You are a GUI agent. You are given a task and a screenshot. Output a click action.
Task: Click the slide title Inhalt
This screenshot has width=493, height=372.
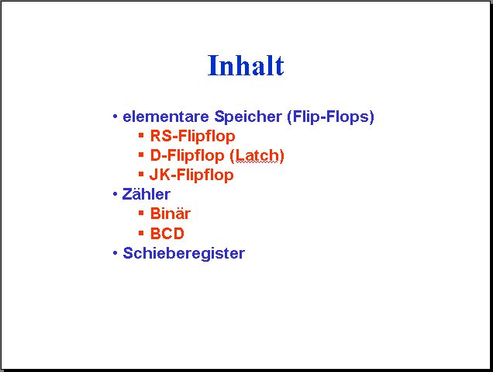click(x=246, y=65)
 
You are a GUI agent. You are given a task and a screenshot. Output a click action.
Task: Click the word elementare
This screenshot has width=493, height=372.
click(x=166, y=116)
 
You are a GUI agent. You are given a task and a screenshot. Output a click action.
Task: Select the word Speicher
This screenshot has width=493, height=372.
click(x=248, y=116)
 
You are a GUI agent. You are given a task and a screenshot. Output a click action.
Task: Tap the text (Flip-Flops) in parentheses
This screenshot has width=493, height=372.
click(x=330, y=116)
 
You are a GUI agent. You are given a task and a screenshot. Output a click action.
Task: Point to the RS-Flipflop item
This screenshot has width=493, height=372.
click(x=192, y=137)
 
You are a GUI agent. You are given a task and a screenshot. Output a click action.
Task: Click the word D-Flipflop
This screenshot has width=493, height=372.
click(x=188, y=155)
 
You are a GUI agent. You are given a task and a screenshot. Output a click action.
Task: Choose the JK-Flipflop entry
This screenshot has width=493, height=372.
click(x=191, y=176)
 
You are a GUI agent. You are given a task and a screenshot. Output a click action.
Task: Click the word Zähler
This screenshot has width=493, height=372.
click(x=147, y=194)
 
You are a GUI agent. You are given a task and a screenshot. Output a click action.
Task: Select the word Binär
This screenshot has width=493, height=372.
click(x=170, y=214)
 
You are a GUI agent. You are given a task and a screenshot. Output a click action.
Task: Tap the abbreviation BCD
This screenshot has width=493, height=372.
click(x=167, y=234)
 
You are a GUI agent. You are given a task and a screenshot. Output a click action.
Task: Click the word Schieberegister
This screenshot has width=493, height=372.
click(x=184, y=253)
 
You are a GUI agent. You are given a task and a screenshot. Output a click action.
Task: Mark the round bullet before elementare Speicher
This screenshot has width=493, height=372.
click(x=115, y=116)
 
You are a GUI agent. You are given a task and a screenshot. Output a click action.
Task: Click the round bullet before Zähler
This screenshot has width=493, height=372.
click(x=115, y=194)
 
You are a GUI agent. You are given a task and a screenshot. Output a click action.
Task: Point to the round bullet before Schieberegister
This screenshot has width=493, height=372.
click(x=115, y=253)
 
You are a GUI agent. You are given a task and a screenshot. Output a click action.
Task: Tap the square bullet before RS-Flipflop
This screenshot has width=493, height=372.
click(x=141, y=135)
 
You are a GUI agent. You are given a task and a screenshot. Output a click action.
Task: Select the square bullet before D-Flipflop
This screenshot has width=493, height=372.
click(x=141, y=155)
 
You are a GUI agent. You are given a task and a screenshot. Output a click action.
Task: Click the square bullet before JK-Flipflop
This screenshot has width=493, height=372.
click(x=141, y=174)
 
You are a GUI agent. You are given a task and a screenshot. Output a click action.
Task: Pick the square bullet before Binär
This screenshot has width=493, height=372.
click(x=141, y=214)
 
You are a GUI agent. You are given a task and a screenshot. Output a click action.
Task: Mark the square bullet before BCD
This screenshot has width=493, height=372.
click(x=141, y=233)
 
